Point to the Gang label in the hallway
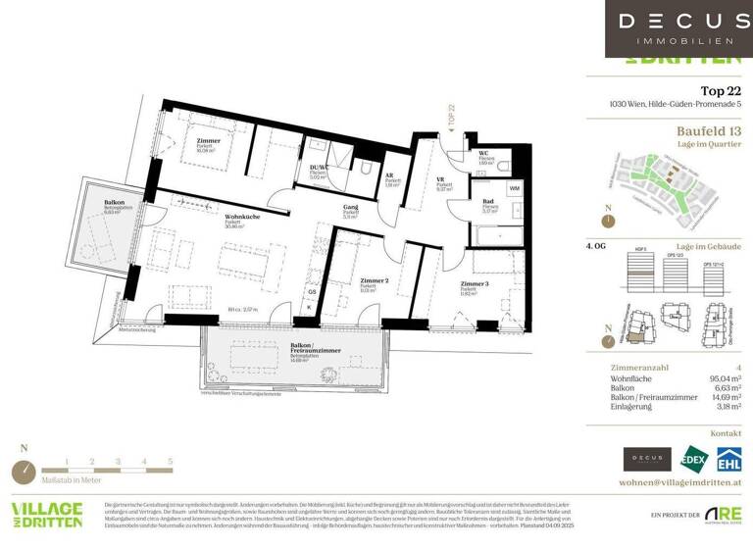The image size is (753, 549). point(349,208)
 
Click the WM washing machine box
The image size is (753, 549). point(514,187)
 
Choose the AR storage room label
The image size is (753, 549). point(389,176)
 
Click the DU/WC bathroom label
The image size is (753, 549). point(319,168)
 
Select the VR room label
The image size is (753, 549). point(441,180)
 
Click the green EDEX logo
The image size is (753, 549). point(694,459)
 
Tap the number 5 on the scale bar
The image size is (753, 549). point(170,460)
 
